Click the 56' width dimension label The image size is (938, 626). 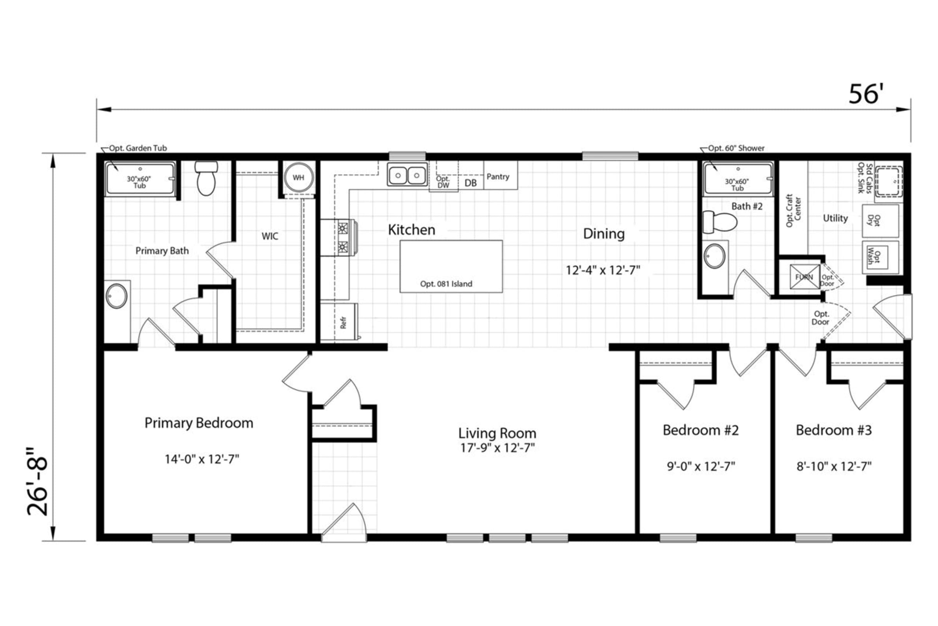click(866, 94)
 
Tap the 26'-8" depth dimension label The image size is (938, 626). click(38, 481)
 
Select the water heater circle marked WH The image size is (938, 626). click(299, 178)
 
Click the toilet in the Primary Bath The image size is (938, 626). click(206, 178)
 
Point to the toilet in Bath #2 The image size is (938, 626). click(720, 222)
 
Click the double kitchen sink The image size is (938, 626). click(407, 175)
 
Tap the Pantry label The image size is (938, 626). click(498, 176)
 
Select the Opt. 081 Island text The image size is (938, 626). click(446, 284)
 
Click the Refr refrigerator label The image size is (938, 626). click(343, 323)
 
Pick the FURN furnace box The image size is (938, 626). click(804, 277)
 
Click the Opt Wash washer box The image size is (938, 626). click(880, 257)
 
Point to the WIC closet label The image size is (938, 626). click(270, 236)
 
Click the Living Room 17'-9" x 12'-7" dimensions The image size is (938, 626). click(497, 448)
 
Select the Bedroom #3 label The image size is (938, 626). click(834, 430)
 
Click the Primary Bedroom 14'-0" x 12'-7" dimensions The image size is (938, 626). click(202, 459)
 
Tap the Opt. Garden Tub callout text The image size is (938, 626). click(138, 148)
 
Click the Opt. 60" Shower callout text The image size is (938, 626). click(736, 148)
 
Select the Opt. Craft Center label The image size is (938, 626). click(793, 211)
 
